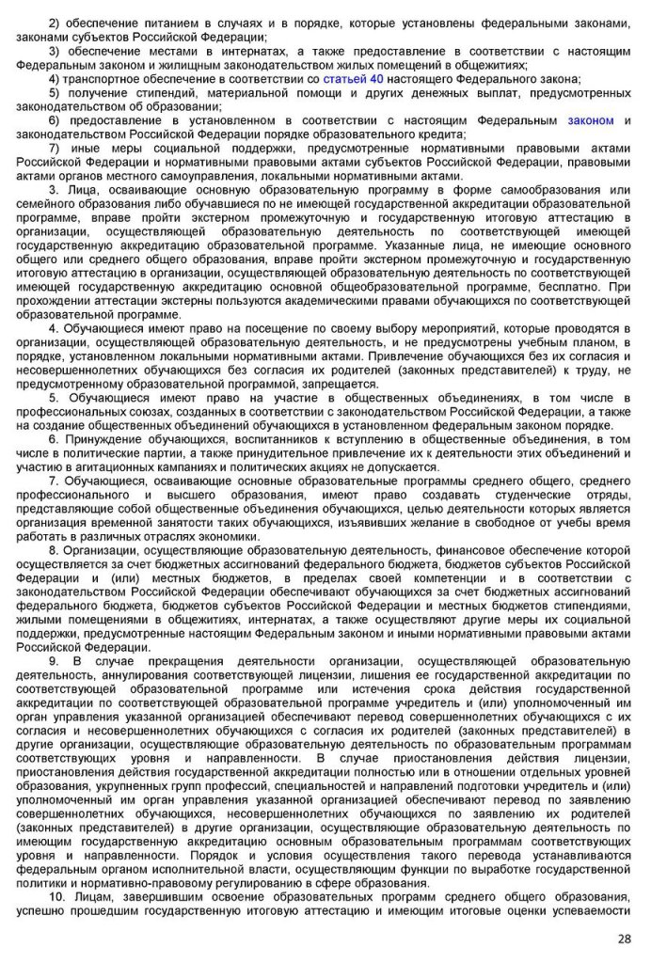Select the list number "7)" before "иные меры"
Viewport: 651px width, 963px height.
point(54,148)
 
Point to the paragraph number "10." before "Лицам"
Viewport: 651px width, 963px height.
point(56,896)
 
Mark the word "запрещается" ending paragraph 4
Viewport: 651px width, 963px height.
point(341,383)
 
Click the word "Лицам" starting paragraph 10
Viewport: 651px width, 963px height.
point(95,896)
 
